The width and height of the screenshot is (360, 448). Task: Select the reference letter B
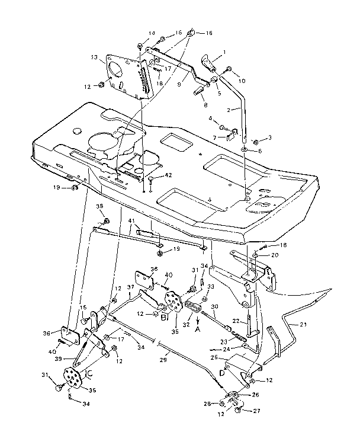pyautogui.click(x=164, y=317)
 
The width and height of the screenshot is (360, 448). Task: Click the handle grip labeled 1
pyautogui.click(x=207, y=62)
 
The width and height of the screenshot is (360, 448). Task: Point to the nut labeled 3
pyautogui.click(x=254, y=143)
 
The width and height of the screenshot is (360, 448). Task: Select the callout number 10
pyautogui.click(x=240, y=80)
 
